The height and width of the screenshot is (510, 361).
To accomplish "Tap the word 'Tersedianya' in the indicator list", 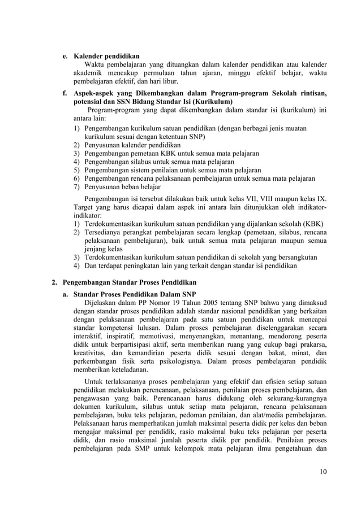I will (x=105, y=233).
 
